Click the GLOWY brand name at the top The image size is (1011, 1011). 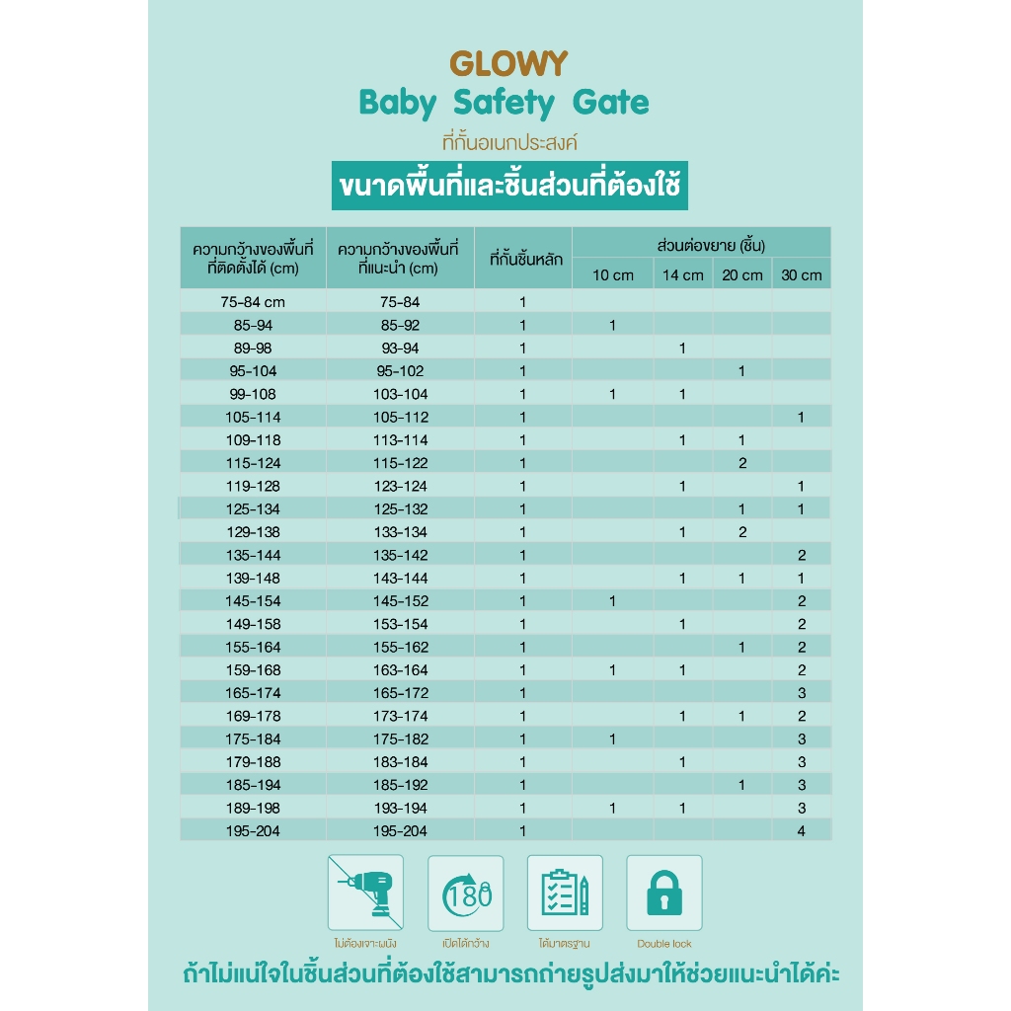(x=508, y=64)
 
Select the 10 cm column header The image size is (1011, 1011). (x=613, y=274)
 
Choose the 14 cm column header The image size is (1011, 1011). (x=682, y=274)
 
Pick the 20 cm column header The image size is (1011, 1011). (x=742, y=274)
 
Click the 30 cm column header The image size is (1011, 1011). (x=801, y=274)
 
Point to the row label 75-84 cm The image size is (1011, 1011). (x=253, y=302)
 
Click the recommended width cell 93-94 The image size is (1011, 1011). (x=400, y=349)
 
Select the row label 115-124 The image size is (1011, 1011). (x=253, y=463)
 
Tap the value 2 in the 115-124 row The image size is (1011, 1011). (x=742, y=463)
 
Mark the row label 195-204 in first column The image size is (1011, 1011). (x=253, y=831)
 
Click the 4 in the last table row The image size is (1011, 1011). (x=802, y=831)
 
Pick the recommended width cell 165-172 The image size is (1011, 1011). (x=400, y=693)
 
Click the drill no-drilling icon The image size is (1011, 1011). (x=365, y=893)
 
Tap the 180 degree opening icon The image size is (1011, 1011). (x=465, y=893)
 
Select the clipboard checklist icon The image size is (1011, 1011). (x=565, y=893)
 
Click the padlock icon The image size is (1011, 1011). (x=663, y=893)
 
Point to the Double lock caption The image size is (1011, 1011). (x=663, y=944)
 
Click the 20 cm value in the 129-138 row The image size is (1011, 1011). (x=742, y=532)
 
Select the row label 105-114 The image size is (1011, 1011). (x=253, y=418)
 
